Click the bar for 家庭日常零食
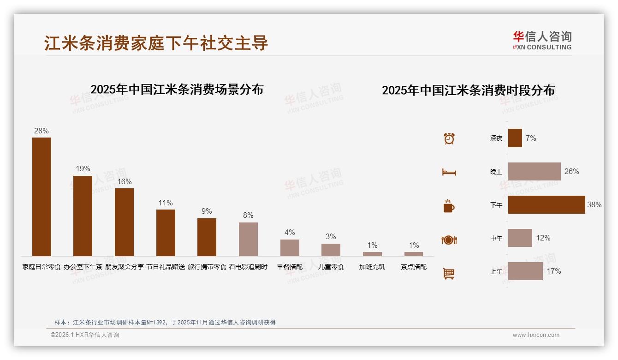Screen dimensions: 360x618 [42, 197]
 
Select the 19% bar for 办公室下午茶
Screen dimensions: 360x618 [83, 216]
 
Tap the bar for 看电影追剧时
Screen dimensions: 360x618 [248, 239]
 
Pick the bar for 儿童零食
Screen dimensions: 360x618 [331, 250]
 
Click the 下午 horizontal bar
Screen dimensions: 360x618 [547, 204]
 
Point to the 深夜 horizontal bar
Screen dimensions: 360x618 [515, 138]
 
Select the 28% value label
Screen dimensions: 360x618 [42, 131]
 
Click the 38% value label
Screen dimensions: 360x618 [594, 204]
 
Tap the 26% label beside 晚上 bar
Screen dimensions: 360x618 [571, 171]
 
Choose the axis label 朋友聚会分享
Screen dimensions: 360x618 [125, 267]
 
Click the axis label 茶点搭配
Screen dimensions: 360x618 [414, 267]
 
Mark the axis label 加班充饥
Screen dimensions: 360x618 [372, 267]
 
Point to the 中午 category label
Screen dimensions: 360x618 [496, 238]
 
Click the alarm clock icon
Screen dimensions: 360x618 [449, 138]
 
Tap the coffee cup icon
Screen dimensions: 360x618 [449, 206]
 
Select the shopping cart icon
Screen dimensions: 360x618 [449, 273]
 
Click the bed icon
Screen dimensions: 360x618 [449, 172]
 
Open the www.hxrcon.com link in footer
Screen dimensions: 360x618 [536, 335]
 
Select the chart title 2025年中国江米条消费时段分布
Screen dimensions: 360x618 [468, 90]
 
